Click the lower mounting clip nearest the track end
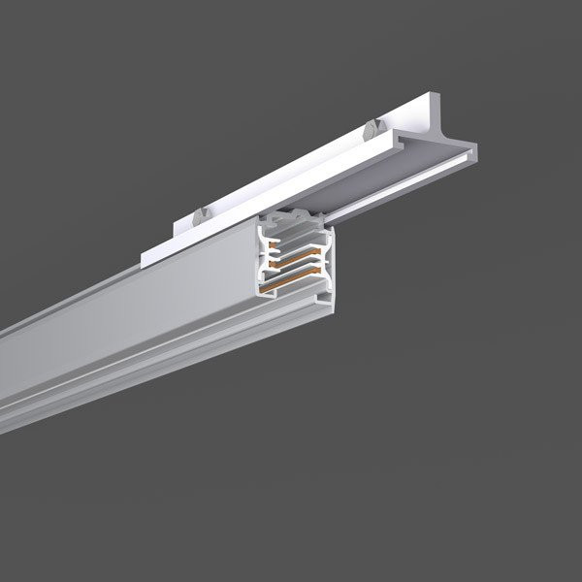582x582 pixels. [x=200, y=214]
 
